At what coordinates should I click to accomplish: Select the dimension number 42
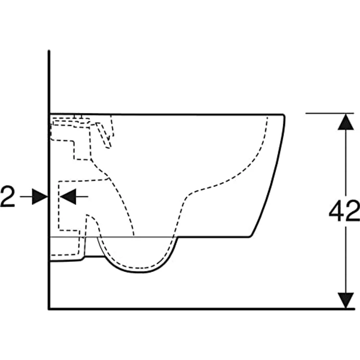(344, 211)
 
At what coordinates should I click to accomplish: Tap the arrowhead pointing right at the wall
(40, 197)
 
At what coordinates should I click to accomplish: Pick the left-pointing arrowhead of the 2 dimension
(68, 197)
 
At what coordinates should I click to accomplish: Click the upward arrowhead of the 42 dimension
(346, 122)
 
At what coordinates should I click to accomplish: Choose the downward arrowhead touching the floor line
(346, 300)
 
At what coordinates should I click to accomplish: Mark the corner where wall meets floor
(49, 309)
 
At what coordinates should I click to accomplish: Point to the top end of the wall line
(49, 50)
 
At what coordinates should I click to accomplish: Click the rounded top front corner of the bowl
(284, 115)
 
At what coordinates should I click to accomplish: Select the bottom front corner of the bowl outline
(250, 236)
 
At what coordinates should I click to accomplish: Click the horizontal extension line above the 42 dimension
(330, 113)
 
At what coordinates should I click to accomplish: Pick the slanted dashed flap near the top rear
(104, 135)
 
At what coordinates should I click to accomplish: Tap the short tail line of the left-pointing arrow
(82, 197)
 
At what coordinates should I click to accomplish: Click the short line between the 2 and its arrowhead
(26, 197)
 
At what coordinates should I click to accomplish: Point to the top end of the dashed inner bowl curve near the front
(267, 117)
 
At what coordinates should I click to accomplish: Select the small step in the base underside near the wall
(83, 258)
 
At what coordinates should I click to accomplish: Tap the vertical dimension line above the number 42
(346, 165)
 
